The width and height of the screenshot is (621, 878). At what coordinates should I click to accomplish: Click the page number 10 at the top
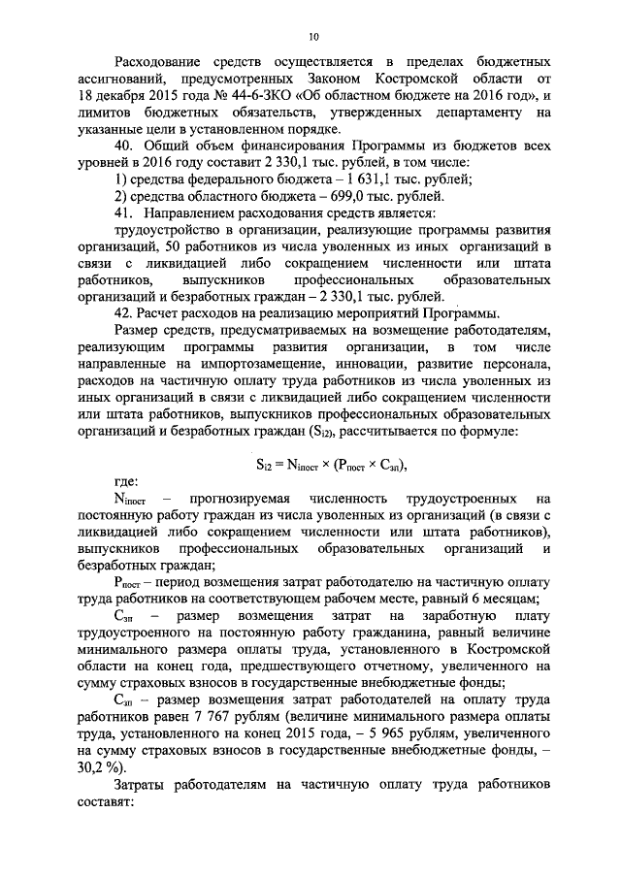(313, 37)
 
